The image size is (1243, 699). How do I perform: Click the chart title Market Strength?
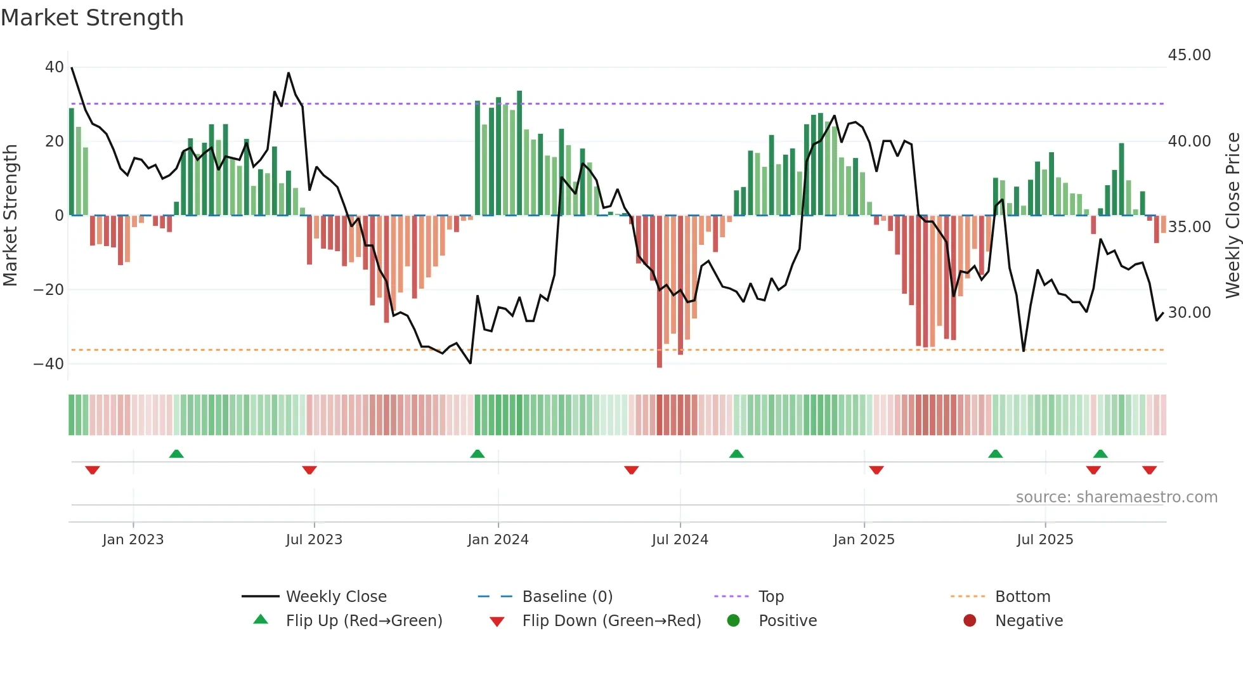click(92, 18)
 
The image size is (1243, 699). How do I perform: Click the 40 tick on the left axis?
click(55, 67)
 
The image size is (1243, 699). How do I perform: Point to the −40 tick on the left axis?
click(49, 364)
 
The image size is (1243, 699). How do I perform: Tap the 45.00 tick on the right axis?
click(1189, 55)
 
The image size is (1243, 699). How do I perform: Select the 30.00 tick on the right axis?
click(1189, 313)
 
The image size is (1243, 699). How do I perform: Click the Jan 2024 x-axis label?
click(498, 540)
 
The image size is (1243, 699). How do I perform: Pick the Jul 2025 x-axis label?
click(1045, 540)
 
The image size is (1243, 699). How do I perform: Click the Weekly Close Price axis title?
click(1232, 216)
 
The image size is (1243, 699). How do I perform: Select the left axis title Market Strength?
click(11, 216)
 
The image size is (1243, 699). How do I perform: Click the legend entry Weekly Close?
click(335, 597)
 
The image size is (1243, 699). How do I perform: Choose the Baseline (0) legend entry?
click(567, 597)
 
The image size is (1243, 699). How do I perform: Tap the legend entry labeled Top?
click(771, 597)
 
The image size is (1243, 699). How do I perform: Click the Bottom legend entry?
click(1022, 597)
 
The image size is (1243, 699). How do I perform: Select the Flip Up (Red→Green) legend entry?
click(363, 621)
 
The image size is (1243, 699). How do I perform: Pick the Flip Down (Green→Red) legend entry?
click(611, 621)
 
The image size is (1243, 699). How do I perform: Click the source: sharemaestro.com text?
click(1116, 497)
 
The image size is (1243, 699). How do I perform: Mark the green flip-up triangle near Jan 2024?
click(478, 454)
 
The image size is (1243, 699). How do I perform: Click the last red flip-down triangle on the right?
click(1149, 470)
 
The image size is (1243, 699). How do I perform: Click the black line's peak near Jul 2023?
click(289, 73)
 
